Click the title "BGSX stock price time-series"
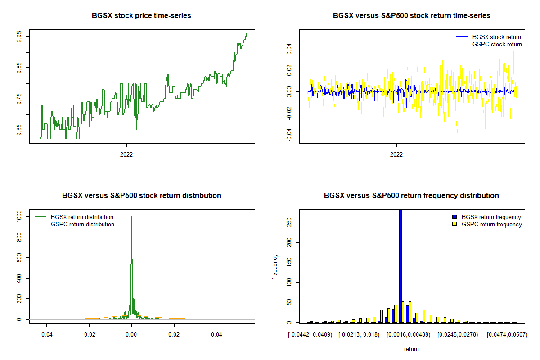(x=141, y=16)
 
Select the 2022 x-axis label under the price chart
(x=126, y=154)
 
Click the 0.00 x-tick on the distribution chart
(x=131, y=335)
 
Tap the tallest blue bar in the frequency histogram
(x=400, y=265)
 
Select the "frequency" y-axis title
(x=275, y=267)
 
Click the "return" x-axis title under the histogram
(x=411, y=349)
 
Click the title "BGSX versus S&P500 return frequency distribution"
(x=411, y=196)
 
